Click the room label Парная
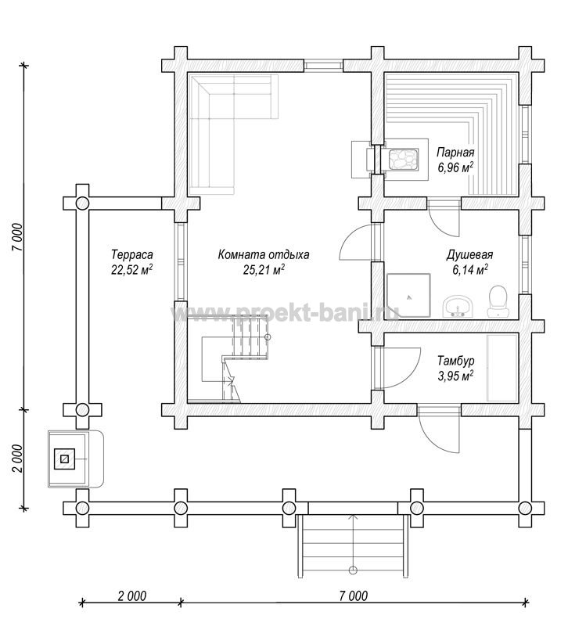tap(455, 152)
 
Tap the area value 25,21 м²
tap(264, 270)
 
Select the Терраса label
tap(131, 254)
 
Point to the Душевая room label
tap(469, 255)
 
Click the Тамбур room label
tap(456, 361)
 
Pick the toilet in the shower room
tap(498, 301)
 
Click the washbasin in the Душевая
tap(458, 307)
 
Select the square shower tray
tap(408, 296)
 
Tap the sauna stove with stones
tap(404, 160)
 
